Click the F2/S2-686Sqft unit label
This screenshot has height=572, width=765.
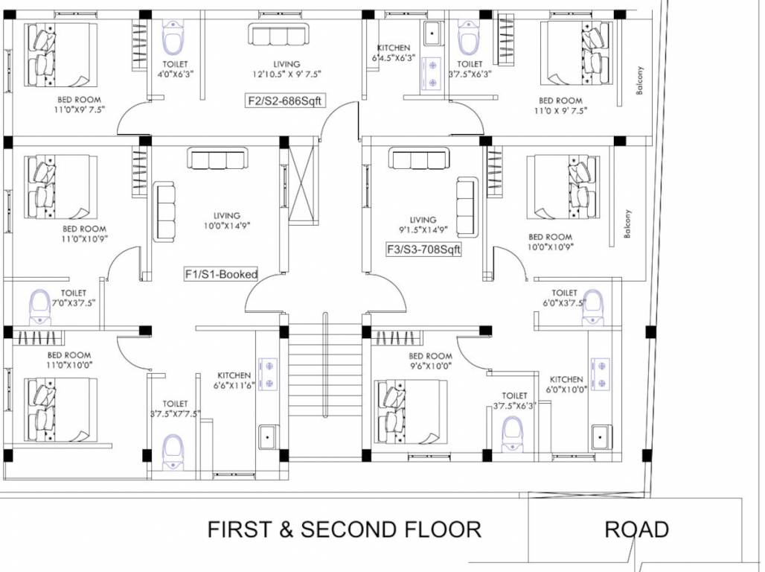coord(286,101)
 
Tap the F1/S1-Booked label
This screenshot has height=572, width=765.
coord(221,274)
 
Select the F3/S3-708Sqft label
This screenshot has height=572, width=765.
coord(423,250)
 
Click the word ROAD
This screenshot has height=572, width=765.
coord(636,530)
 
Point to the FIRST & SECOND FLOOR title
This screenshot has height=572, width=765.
coord(344,530)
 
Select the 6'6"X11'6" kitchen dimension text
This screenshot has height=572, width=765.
coord(235,385)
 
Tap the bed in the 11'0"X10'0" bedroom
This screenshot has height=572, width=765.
coord(60,410)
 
